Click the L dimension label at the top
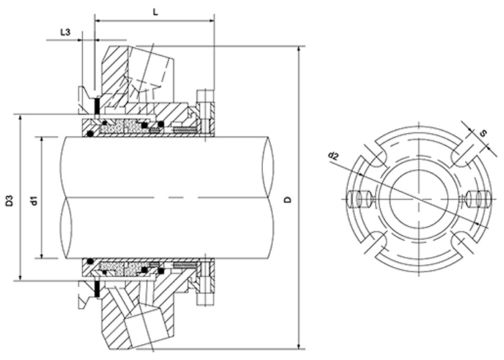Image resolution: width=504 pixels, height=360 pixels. tap(156, 12)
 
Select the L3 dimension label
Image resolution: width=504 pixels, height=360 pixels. tap(65, 32)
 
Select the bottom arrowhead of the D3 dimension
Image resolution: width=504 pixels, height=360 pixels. tap(20, 276)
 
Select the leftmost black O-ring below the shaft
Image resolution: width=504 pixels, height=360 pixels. tap(89, 257)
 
